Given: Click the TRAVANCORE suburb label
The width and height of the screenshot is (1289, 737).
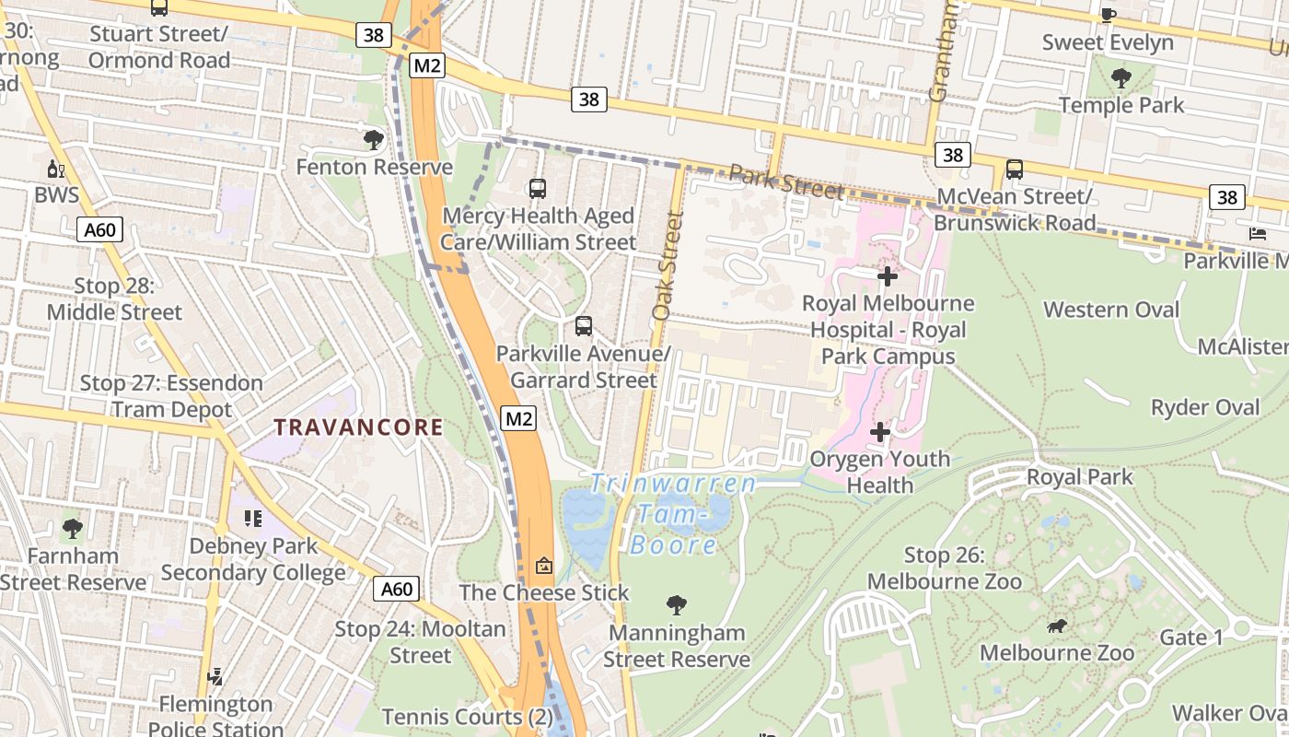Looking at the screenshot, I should click(x=359, y=427).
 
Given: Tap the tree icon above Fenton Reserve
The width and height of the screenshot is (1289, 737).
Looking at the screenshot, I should click(x=373, y=140).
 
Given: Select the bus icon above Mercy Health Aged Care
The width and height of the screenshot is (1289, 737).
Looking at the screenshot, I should click(x=538, y=189).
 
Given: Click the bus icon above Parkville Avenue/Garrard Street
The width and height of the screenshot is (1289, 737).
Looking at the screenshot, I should click(x=583, y=326).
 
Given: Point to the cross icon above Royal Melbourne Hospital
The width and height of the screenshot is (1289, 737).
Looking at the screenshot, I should click(x=887, y=275).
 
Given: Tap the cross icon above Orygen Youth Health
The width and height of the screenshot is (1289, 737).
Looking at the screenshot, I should click(x=879, y=431).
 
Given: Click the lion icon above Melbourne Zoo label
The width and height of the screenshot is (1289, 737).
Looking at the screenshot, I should click(x=1057, y=626).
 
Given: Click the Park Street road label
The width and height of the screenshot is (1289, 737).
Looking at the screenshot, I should click(x=785, y=181).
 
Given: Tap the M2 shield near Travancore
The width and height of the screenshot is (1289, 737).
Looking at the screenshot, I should click(x=519, y=419).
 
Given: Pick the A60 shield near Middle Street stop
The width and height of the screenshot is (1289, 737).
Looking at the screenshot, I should click(x=99, y=229).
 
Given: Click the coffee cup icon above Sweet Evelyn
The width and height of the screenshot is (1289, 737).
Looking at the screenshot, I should click(x=1109, y=15).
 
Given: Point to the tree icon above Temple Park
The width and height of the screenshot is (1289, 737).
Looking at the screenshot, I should click(x=1121, y=77).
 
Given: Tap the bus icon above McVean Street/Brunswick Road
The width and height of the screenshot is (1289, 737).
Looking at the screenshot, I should click(x=1014, y=170).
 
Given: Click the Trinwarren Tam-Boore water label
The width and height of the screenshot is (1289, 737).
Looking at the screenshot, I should click(x=674, y=513).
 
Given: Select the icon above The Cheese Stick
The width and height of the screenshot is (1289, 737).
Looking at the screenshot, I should click(x=544, y=565).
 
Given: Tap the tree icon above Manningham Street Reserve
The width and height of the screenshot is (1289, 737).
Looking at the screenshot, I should click(x=677, y=605).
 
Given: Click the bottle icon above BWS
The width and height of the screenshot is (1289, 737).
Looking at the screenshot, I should click(x=56, y=169).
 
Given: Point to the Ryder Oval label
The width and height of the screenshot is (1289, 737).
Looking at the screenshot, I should click(x=1205, y=407).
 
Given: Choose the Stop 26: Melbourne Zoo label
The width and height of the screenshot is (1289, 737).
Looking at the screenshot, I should click(x=944, y=568).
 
